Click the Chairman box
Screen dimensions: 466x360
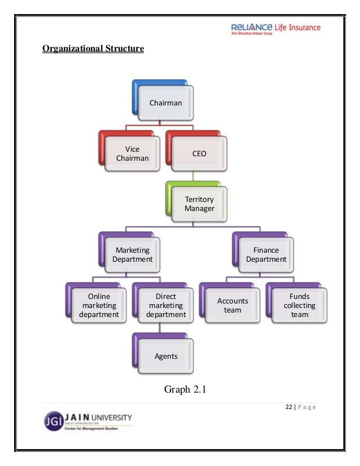(165, 103)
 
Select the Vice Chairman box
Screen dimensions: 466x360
(132, 154)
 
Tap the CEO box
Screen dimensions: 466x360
(199, 154)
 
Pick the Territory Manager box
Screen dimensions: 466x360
(199, 204)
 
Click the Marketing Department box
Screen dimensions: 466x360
(133, 254)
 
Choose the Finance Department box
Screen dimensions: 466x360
(266, 254)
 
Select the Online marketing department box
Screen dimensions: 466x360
(99, 305)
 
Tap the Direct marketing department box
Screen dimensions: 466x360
(165, 305)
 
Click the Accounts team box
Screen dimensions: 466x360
(232, 305)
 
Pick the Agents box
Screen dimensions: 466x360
(166, 356)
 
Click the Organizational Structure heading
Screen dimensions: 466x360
(93, 49)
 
